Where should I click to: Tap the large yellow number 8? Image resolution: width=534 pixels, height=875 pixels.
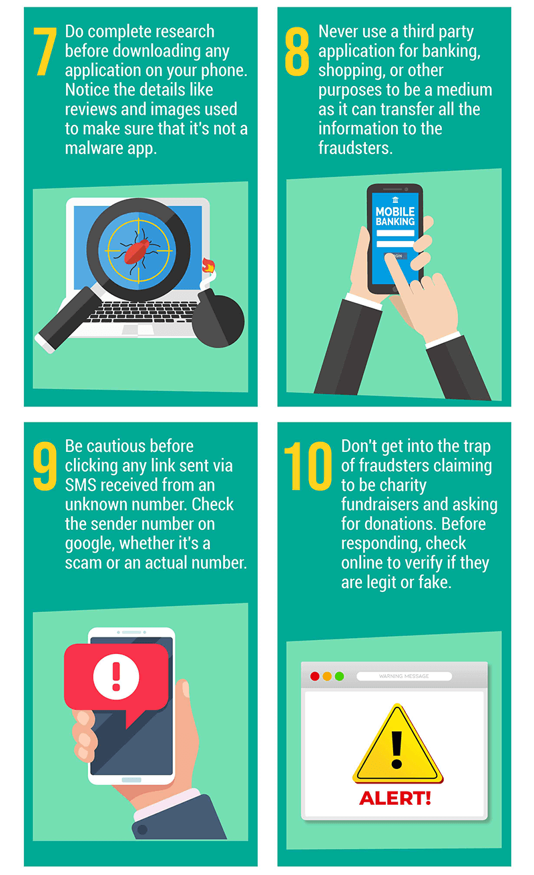297,51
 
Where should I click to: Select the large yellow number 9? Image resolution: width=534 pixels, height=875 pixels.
45,466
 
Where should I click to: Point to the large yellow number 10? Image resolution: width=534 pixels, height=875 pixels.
308,466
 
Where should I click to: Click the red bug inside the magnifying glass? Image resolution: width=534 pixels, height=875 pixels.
137,251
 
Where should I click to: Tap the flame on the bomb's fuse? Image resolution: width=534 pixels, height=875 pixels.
208,266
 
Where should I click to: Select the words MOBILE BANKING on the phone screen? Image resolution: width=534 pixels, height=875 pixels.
395,216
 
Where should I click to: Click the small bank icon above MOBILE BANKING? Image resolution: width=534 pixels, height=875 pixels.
395,200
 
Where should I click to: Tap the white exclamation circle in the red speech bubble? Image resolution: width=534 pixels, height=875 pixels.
116,677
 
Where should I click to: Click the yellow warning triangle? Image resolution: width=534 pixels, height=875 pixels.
398,744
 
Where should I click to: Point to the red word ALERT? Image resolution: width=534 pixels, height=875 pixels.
395,798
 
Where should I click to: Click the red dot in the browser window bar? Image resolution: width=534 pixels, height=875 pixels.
315,676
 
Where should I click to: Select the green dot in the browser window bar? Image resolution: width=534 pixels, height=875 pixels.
340,676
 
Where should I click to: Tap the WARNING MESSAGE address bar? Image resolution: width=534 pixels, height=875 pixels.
405,676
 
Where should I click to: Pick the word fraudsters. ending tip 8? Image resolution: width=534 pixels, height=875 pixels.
356,148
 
